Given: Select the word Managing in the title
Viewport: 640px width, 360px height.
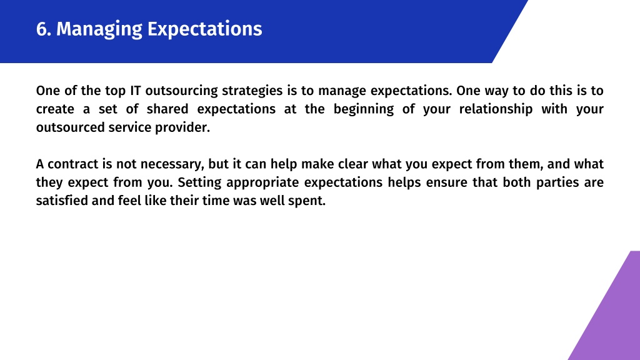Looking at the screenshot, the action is pyautogui.click(x=99, y=30).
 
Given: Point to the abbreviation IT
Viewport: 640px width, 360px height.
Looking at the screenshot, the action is pyautogui.click(x=135, y=90).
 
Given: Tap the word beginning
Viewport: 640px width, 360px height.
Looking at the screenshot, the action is pyautogui.click(x=364, y=109).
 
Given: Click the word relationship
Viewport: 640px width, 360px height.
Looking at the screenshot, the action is pyautogui.click(x=496, y=109).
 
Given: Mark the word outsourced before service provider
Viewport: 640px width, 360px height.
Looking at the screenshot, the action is pyautogui.click(x=71, y=127).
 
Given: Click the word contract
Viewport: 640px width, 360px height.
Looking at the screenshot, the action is pyautogui.click(x=73, y=164).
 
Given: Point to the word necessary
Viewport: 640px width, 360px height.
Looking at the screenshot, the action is pyautogui.click(x=172, y=164).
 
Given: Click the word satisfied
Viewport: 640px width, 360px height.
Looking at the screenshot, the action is pyautogui.click(x=62, y=201).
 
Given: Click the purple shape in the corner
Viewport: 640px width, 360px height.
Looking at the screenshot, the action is pyautogui.click(x=612, y=314).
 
